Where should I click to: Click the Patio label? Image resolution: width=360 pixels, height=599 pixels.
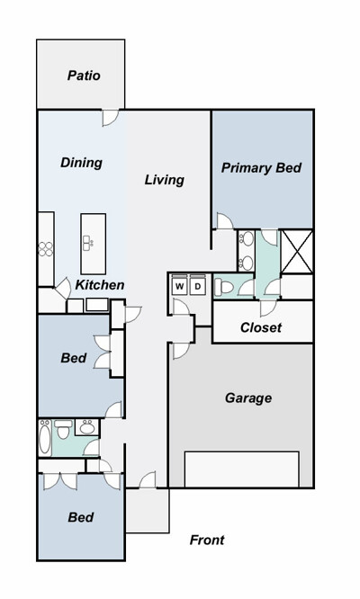(x=84, y=76)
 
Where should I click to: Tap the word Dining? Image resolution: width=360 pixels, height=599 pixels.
(x=81, y=163)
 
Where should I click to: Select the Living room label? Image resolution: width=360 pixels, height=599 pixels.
(x=165, y=180)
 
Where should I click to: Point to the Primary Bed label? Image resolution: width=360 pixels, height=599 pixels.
(x=261, y=167)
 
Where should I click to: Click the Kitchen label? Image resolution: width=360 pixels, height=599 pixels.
(x=100, y=284)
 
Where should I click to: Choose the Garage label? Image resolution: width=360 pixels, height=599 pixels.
(x=248, y=398)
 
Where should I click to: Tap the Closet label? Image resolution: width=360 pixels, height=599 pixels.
(x=261, y=327)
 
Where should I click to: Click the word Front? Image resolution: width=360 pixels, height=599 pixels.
(x=207, y=540)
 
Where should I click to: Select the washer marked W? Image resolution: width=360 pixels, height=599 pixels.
(x=180, y=286)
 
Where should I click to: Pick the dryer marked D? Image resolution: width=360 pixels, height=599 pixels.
(x=198, y=286)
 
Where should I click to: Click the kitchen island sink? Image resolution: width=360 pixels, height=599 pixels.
(x=88, y=243)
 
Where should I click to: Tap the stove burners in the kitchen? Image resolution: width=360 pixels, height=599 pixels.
(x=46, y=249)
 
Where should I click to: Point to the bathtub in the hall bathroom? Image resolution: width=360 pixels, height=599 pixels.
(x=45, y=437)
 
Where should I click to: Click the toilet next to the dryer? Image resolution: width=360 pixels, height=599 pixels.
(x=223, y=287)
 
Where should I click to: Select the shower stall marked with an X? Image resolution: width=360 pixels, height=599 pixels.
(x=297, y=251)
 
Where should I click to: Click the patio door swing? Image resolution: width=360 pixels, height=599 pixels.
(x=111, y=118)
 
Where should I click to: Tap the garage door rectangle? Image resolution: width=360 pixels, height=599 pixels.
(x=241, y=469)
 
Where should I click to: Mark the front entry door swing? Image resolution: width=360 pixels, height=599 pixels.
(x=148, y=479)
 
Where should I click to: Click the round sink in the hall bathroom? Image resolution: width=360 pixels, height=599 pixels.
(x=87, y=427)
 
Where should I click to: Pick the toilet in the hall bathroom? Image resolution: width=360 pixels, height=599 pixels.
(x=63, y=429)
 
